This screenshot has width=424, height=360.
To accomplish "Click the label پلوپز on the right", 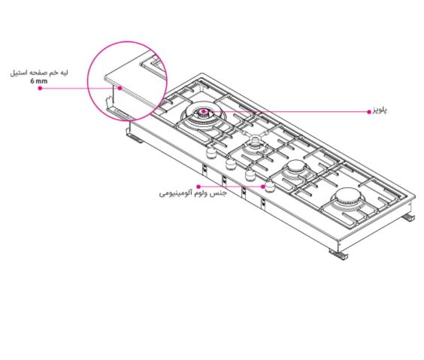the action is (380, 110).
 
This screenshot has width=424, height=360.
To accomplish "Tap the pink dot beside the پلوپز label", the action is (369, 112).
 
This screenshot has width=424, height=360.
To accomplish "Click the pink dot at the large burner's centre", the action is (203, 111).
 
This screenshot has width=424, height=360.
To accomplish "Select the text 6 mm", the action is (39, 81).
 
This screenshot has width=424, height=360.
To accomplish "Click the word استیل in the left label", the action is (18, 73).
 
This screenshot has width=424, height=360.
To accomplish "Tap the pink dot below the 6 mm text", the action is (40, 88).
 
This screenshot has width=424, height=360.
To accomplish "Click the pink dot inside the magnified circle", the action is (120, 88).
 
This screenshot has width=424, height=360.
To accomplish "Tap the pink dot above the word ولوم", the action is (198, 186).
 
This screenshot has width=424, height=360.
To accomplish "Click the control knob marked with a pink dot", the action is (269, 186).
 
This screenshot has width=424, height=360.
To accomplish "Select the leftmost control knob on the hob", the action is (211, 154).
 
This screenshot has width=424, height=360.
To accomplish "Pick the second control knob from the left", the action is (230, 164).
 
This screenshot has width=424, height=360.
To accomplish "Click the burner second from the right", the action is (296, 168).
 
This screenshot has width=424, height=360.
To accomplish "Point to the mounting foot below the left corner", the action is (134, 137).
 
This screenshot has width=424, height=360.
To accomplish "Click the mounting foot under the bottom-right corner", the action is (338, 254).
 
